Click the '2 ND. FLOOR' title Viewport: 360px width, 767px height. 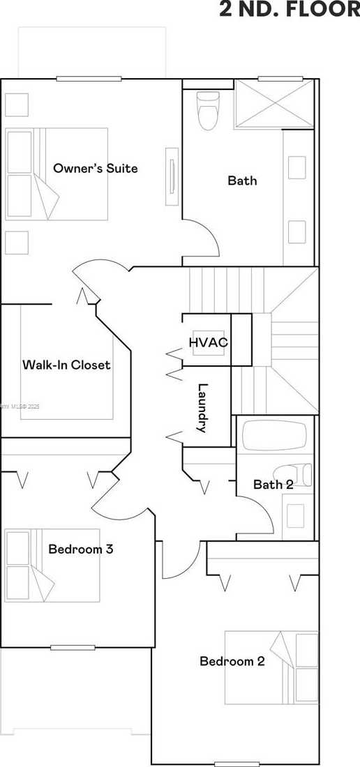(290, 10)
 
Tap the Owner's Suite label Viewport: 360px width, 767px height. (96, 169)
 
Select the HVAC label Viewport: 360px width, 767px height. (208, 342)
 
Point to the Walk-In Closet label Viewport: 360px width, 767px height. (66, 365)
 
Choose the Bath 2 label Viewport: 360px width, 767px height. (273, 485)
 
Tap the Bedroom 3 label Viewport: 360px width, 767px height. (81, 549)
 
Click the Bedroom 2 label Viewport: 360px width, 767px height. (232, 661)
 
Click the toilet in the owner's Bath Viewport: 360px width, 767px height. (208, 112)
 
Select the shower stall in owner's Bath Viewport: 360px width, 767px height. (273, 104)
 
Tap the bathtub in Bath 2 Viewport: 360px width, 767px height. (274, 436)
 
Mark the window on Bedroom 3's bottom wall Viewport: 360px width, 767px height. (73, 647)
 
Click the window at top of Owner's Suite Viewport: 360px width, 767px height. (89, 79)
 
